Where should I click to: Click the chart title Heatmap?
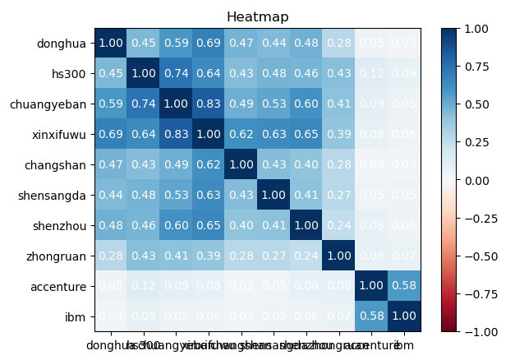coord(257,16)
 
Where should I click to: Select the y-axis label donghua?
coord(61,43)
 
